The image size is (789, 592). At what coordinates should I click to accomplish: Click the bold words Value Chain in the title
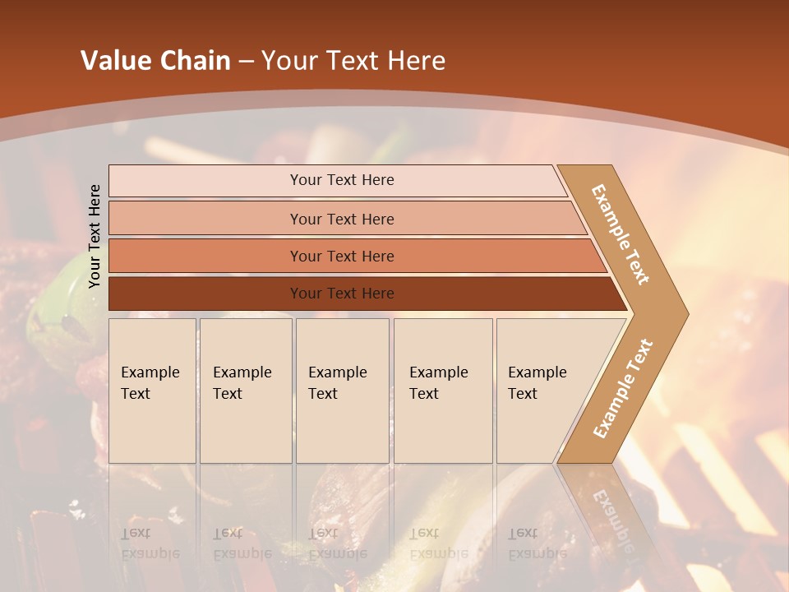(x=155, y=60)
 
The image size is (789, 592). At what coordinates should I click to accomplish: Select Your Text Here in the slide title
(x=353, y=60)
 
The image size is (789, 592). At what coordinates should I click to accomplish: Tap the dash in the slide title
(x=246, y=61)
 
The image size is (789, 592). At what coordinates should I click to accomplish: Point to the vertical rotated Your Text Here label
(x=95, y=236)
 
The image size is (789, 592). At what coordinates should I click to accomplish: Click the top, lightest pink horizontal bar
(x=337, y=180)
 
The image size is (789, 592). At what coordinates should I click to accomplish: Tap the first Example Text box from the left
(x=152, y=391)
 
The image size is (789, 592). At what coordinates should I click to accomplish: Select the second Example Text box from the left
(x=246, y=391)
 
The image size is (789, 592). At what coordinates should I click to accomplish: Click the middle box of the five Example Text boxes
(x=342, y=391)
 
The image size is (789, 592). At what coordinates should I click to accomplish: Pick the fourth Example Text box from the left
(x=443, y=391)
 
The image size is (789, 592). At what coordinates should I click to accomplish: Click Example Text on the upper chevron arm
(x=621, y=234)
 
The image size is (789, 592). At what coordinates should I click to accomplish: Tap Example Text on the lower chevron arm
(x=623, y=388)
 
